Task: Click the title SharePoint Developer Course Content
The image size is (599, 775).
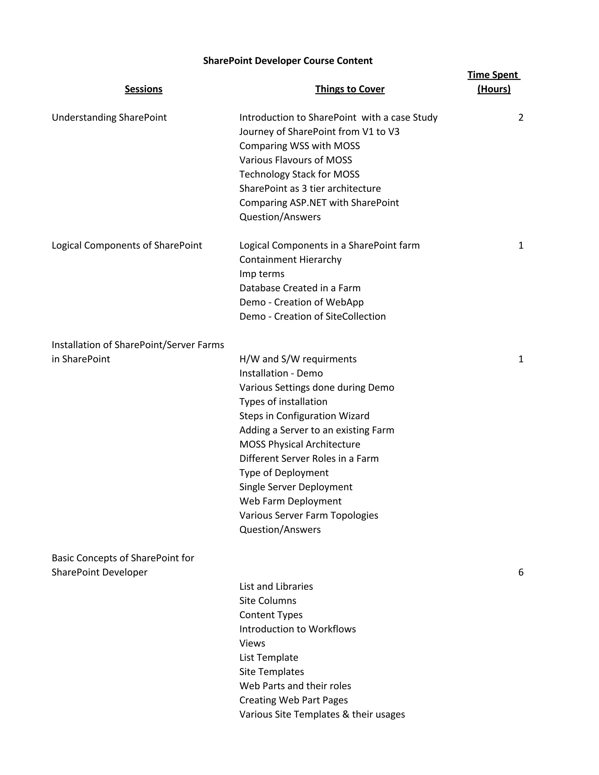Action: (x=288, y=61)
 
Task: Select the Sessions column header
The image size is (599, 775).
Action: (x=143, y=89)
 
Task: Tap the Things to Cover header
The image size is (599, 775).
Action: (x=350, y=89)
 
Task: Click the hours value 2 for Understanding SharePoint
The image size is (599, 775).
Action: (x=521, y=118)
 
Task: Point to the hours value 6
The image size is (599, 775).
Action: (x=521, y=572)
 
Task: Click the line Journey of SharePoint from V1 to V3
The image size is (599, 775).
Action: (x=319, y=132)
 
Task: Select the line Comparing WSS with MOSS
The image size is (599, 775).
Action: (x=299, y=146)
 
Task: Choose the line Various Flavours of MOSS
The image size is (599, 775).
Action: (x=296, y=160)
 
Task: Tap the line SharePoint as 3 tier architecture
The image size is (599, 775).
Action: (x=310, y=188)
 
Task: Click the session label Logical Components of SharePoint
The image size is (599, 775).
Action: (x=127, y=245)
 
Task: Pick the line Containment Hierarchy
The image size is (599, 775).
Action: (x=290, y=259)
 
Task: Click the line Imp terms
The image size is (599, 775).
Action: (x=261, y=274)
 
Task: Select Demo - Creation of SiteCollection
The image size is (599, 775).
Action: (x=312, y=316)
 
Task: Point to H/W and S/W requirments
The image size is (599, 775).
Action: (x=298, y=359)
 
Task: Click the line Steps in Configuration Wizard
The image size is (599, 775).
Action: (x=304, y=416)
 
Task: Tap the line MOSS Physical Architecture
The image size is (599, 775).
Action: (x=299, y=444)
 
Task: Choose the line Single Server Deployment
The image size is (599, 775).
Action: (x=296, y=487)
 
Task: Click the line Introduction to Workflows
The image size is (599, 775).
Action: (x=297, y=629)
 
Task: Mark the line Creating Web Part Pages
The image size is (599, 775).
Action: (x=293, y=700)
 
